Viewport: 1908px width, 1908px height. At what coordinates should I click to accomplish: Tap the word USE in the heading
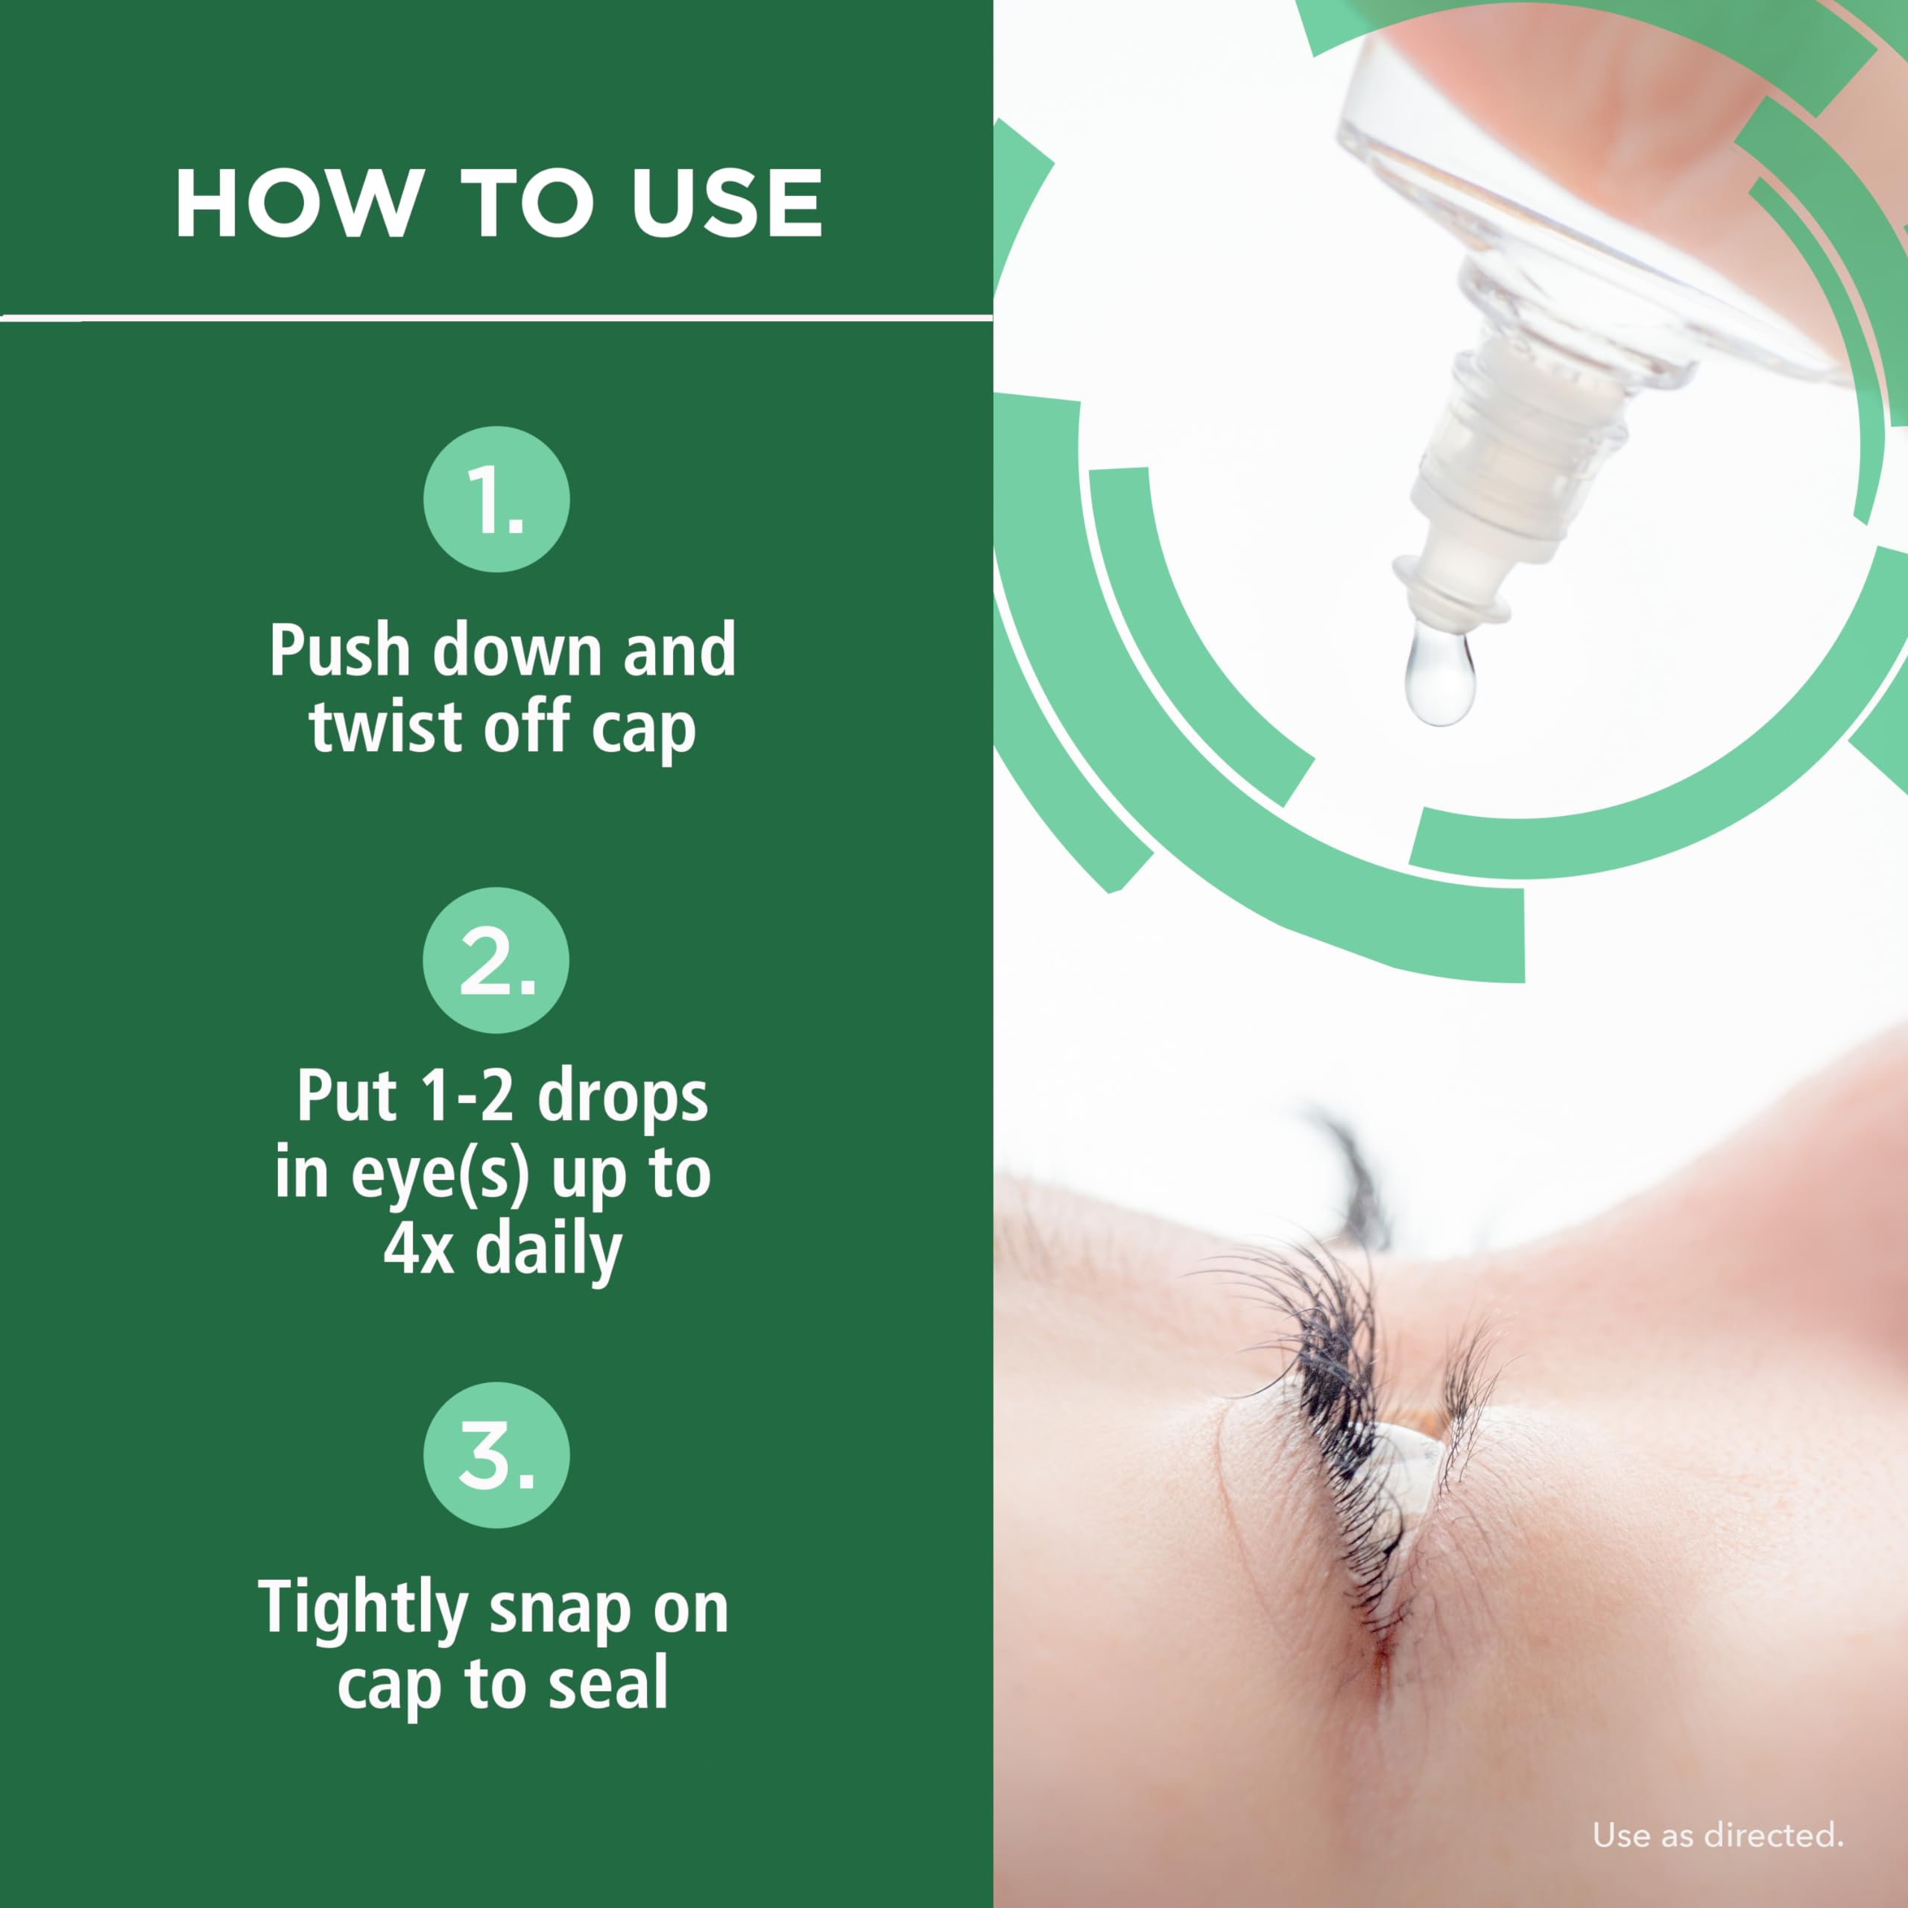coord(727,203)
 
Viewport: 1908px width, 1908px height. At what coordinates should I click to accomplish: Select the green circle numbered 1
coord(497,499)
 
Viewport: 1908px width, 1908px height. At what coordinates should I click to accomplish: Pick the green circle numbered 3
coord(497,1455)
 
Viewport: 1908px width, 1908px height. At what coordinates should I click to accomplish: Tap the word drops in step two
coord(623,1097)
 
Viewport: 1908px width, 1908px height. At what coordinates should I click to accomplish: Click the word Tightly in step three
coord(362,1609)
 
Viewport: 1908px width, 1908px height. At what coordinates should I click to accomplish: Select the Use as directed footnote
coord(1717,1836)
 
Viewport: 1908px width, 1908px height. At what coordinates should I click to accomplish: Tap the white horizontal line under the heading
coord(496,317)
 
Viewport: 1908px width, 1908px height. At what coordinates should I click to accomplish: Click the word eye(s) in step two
coord(440,1174)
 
